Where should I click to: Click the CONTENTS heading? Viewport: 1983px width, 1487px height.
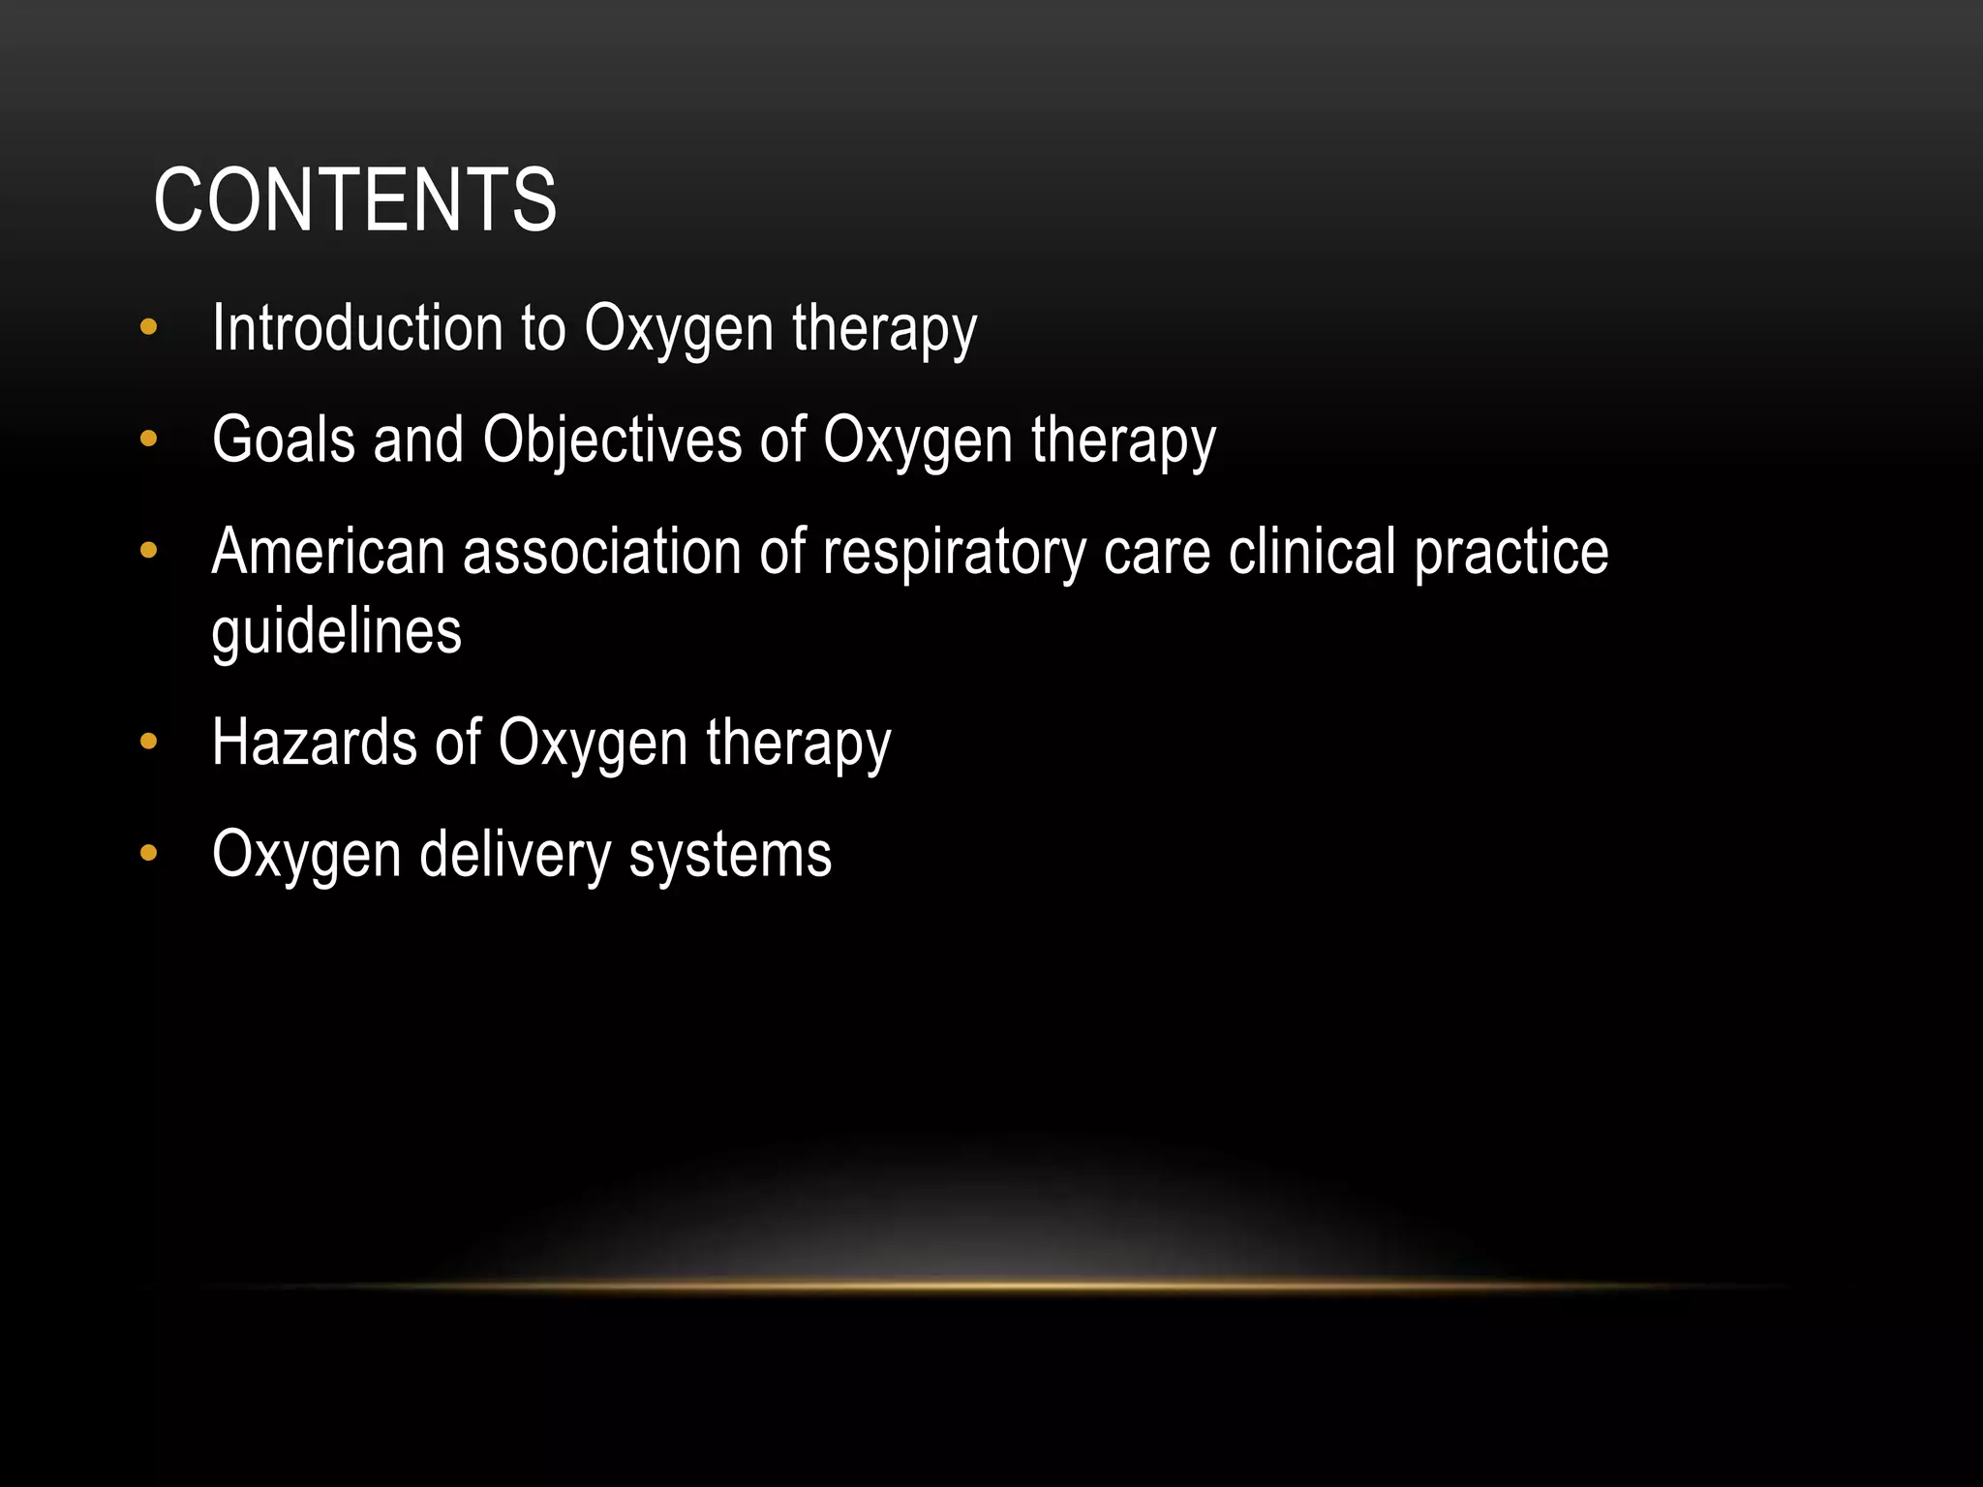click(x=354, y=200)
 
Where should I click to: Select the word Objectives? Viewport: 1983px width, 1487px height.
click(x=612, y=440)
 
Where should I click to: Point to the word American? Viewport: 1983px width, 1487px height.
click(x=327, y=552)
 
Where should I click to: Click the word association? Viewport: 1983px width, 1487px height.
click(x=601, y=552)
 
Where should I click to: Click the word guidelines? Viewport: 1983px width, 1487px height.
click(x=336, y=632)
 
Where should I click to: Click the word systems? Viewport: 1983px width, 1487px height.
click(x=730, y=856)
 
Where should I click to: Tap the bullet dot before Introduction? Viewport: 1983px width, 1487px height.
click(x=148, y=327)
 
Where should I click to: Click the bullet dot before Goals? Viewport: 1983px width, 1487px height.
click(x=148, y=440)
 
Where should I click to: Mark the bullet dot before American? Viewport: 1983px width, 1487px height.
click(x=148, y=551)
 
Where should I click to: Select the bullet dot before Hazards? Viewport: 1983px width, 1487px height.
click(x=148, y=743)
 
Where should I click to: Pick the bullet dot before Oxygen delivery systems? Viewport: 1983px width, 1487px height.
click(x=148, y=854)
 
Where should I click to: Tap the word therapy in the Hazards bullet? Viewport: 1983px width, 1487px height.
click(x=798, y=744)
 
